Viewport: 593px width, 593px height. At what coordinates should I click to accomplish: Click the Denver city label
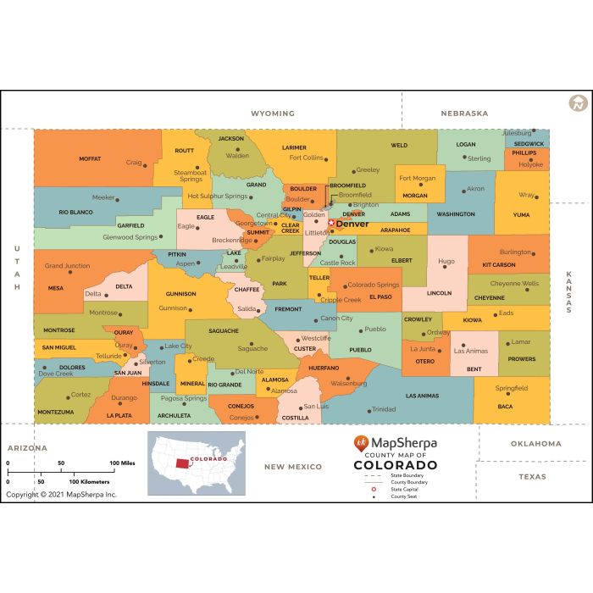click(x=352, y=224)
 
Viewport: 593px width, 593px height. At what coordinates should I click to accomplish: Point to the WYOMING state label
click(x=273, y=114)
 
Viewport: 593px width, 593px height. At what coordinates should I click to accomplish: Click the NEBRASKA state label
click(x=464, y=114)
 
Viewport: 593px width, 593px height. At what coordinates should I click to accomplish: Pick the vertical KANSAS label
click(x=569, y=292)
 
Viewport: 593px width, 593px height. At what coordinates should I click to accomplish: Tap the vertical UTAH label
click(x=16, y=269)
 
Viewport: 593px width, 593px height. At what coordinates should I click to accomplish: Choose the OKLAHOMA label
click(x=535, y=443)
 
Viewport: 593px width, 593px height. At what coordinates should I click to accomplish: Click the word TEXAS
click(x=533, y=476)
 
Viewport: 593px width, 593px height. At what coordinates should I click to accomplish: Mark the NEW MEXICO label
click(x=293, y=467)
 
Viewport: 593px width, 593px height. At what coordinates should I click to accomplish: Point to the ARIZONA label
click(x=27, y=447)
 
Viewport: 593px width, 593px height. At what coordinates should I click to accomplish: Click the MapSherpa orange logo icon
click(x=361, y=443)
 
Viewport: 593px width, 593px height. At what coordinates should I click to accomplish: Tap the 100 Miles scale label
click(x=123, y=463)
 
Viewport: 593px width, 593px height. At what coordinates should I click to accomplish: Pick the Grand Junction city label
click(x=67, y=265)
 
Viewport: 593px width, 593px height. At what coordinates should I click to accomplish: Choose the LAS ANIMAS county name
click(x=422, y=396)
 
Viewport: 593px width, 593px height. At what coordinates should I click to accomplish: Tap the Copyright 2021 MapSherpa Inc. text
click(x=61, y=494)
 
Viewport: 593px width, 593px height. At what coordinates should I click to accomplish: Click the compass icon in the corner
click(x=579, y=103)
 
